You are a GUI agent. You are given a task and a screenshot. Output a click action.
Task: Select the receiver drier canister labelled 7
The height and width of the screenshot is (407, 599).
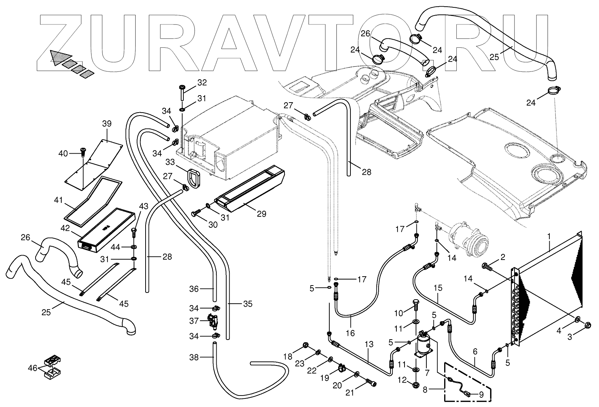point(424,344)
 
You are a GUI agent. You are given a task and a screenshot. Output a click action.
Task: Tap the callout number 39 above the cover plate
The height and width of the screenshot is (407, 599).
point(107,124)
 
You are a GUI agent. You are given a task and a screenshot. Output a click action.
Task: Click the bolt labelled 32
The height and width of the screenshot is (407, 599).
point(182,91)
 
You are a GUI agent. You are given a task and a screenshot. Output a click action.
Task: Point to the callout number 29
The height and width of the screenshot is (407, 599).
point(262,214)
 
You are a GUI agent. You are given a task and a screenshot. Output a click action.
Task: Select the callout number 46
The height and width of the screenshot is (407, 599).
point(33,368)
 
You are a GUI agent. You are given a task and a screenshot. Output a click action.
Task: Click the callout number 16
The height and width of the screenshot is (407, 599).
point(350,333)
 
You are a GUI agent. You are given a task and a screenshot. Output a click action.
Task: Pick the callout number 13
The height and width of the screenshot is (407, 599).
point(369,344)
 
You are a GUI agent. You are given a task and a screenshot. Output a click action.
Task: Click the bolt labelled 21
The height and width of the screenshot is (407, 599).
point(370,383)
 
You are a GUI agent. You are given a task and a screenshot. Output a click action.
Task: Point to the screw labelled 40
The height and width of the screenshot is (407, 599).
point(83,151)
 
